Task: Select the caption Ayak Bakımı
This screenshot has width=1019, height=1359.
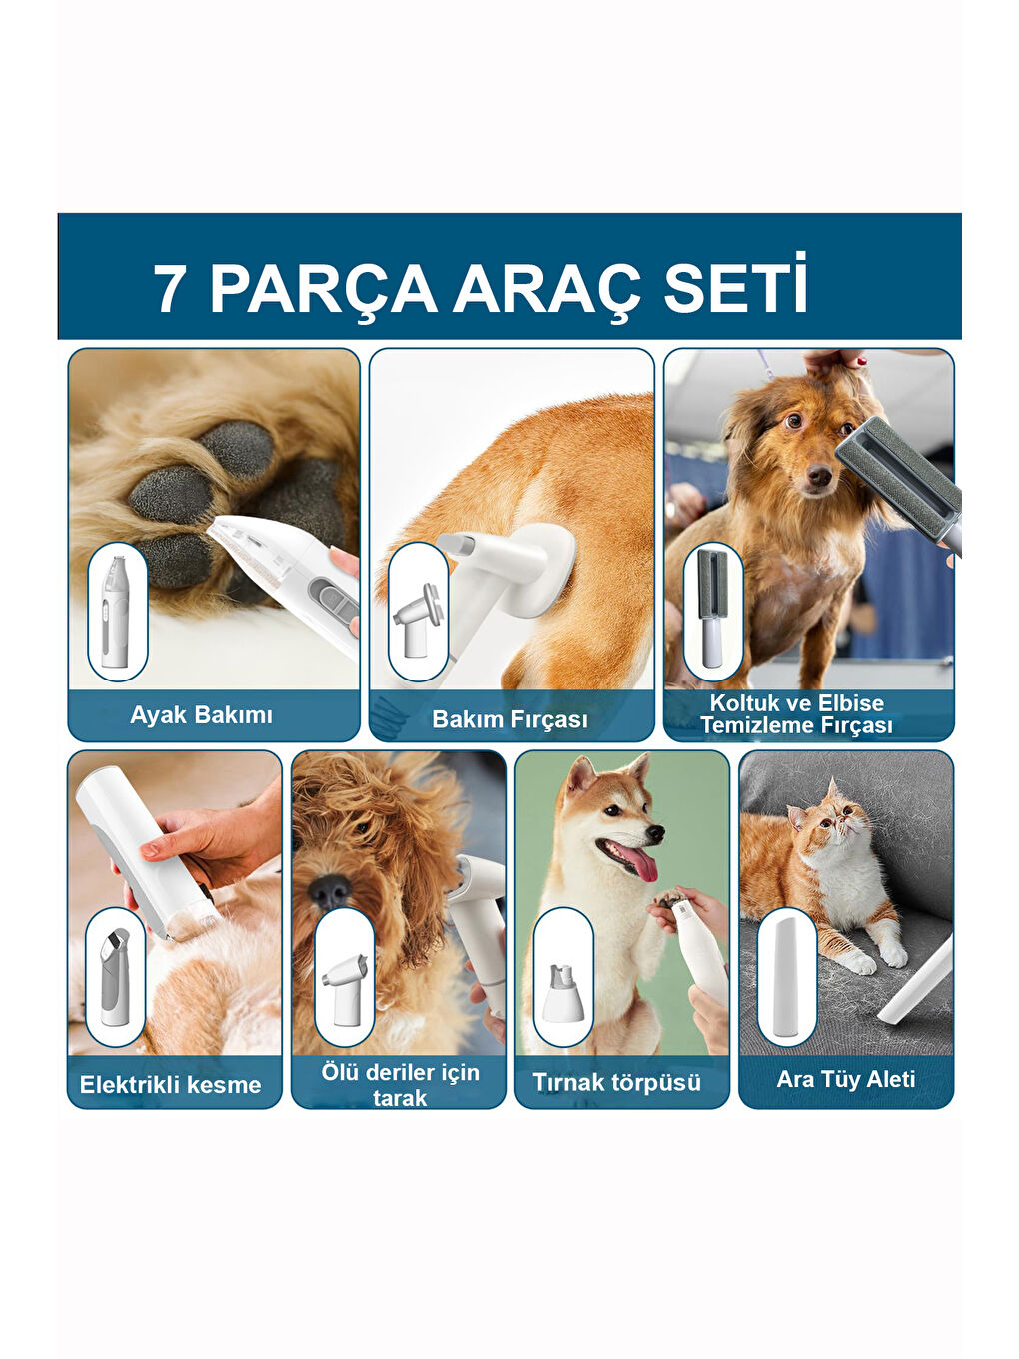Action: (201, 715)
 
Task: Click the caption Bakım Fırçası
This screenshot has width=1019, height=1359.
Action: (509, 719)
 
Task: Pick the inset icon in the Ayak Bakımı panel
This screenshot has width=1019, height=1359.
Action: (118, 612)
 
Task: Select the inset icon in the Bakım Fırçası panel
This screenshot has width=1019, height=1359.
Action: (418, 612)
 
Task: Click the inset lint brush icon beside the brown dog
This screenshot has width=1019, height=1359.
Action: (713, 612)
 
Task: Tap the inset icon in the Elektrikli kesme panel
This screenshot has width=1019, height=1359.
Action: (115, 977)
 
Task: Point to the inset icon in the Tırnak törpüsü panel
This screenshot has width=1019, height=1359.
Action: (563, 977)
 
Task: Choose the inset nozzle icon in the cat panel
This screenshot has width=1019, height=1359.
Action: (787, 977)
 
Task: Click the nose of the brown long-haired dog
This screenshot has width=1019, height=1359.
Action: (819, 476)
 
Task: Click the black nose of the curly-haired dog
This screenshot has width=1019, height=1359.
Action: (330, 891)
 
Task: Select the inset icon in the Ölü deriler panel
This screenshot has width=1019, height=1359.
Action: (345, 977)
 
